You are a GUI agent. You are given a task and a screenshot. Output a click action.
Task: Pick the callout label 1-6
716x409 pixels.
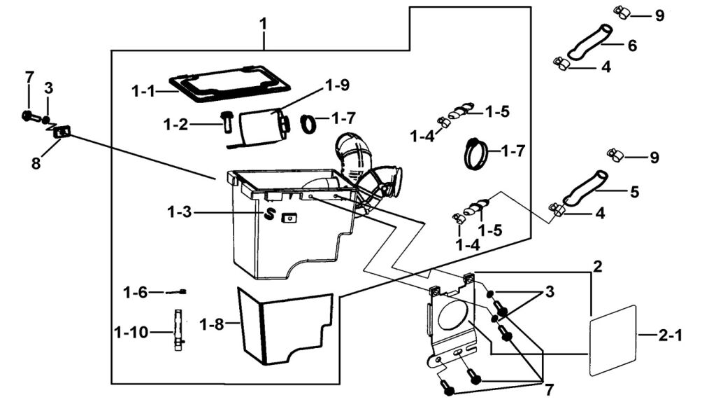tap(136, 291)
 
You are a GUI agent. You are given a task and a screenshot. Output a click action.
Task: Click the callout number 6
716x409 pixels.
tap(632, 46)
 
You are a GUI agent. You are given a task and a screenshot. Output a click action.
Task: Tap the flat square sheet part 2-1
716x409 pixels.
tap(613, 338)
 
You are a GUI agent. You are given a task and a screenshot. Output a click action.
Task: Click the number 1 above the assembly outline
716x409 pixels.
tap(263, 25)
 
